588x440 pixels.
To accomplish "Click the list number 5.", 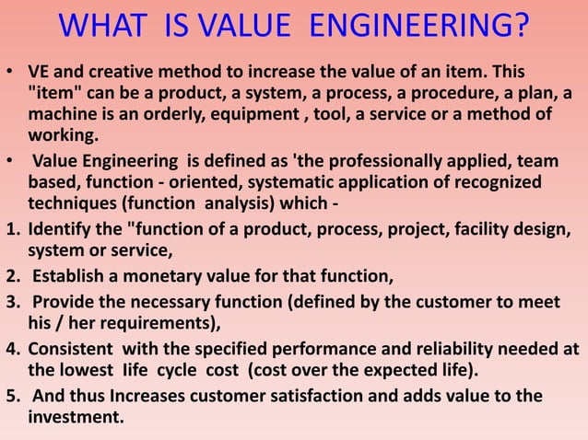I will coord(12,397).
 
